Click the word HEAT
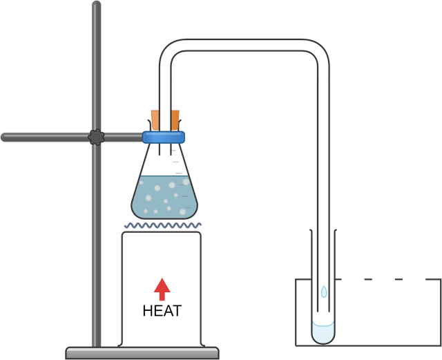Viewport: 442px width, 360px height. pyautogui.click(x=162, y=311)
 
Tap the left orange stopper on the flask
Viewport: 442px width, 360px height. pyautogui.click(x=155, y=120)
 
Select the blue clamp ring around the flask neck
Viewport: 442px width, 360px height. pyautogui.click(x=165, y=137)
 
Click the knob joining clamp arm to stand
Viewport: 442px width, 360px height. pyautogui.click(x=96, y=137)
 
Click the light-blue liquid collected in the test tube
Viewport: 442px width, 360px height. pyautogui.click(x=323, y=332)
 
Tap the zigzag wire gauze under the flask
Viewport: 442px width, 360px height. pyautogui.click(x=164, y=225)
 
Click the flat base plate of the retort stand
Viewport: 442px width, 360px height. pyautogui.click(x=142, y=352)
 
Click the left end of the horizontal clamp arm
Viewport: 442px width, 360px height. pyautogui.click(x=5, y=137)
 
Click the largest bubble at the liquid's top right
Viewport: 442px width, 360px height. pyautogui.click(x=184, y=182)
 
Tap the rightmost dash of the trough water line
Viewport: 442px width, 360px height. pyautogui.click(x=398, y=279)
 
